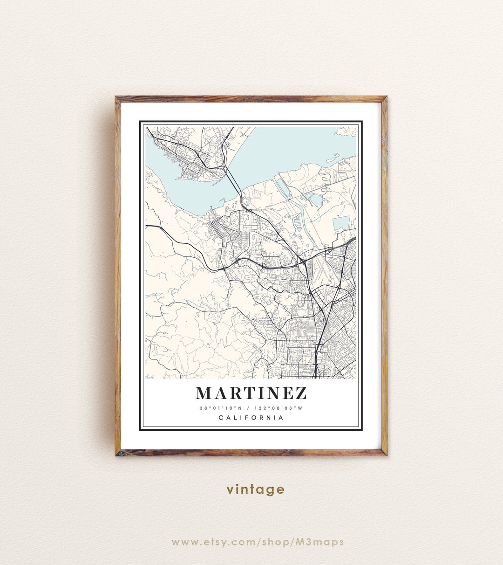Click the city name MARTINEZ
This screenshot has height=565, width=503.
point(251,393)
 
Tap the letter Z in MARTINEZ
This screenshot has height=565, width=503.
point(300,393)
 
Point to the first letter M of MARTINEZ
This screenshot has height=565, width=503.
point(204,393)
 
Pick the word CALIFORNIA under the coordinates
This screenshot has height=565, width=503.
point(251,418)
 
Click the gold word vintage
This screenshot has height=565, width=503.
point(255,489)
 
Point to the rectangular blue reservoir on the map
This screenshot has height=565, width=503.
point(341,223)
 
